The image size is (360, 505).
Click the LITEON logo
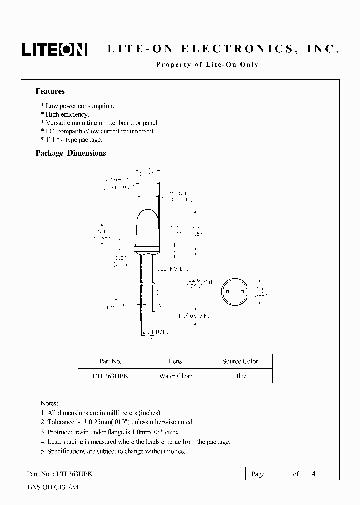pos(54,49)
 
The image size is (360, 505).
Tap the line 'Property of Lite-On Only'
pos(207,65)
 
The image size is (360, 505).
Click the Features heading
pos(50,91)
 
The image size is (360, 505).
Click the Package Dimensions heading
pos(71,153)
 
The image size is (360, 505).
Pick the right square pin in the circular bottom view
pos(242,292)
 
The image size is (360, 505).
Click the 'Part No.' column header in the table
pos(110,361)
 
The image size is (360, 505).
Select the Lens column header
pos(175,361)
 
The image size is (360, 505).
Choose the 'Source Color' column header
pos(240,361)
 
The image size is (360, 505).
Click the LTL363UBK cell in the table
pos(110,376)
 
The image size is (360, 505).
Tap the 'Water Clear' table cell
pos(175,376)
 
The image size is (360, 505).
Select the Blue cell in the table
pos(240,376)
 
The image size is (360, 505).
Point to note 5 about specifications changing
pos(113,451)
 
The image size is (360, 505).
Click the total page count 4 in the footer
pos(313,474)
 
